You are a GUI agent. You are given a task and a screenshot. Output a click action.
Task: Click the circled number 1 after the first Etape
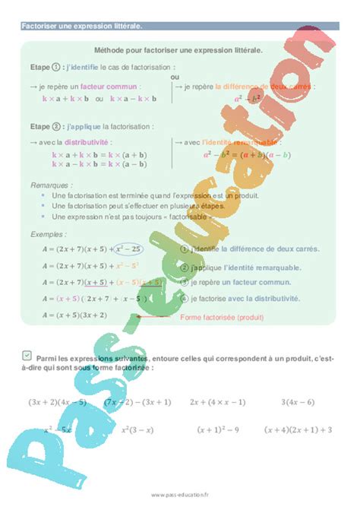pyautogui.click(x=58, y=65)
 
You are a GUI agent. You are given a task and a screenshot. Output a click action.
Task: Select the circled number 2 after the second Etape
pyautogui.click(x=58, y=127)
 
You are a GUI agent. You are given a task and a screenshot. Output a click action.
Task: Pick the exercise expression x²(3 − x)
pyautogui.click(x=141, y=430)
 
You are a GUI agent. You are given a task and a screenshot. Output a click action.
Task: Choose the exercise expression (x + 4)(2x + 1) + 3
pyautogui.click(x=298, y=430)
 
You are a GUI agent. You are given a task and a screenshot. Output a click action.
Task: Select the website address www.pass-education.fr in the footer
pyautogui.click(x=180, y=494)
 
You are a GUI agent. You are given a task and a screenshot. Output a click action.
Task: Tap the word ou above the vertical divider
pyautogui.click(x=175, y=77)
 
